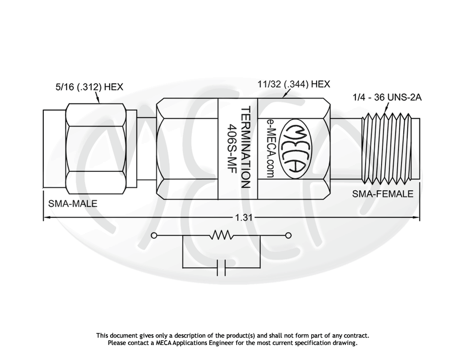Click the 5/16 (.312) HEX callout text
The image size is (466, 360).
(x=89, y=87)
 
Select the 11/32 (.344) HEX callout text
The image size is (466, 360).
(x=294, y=84)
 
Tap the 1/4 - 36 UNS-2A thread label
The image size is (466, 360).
(x=387, y=97)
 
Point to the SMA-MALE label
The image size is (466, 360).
(x=73, y=204)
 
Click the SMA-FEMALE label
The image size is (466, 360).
(x=382, y=194)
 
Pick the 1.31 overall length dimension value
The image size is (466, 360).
(x=243, y=218)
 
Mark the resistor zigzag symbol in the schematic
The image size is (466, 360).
(x=222, y=236)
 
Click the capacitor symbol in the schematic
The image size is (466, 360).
(x=222, y=268)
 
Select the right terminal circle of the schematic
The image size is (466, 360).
(x=288, y=236)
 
